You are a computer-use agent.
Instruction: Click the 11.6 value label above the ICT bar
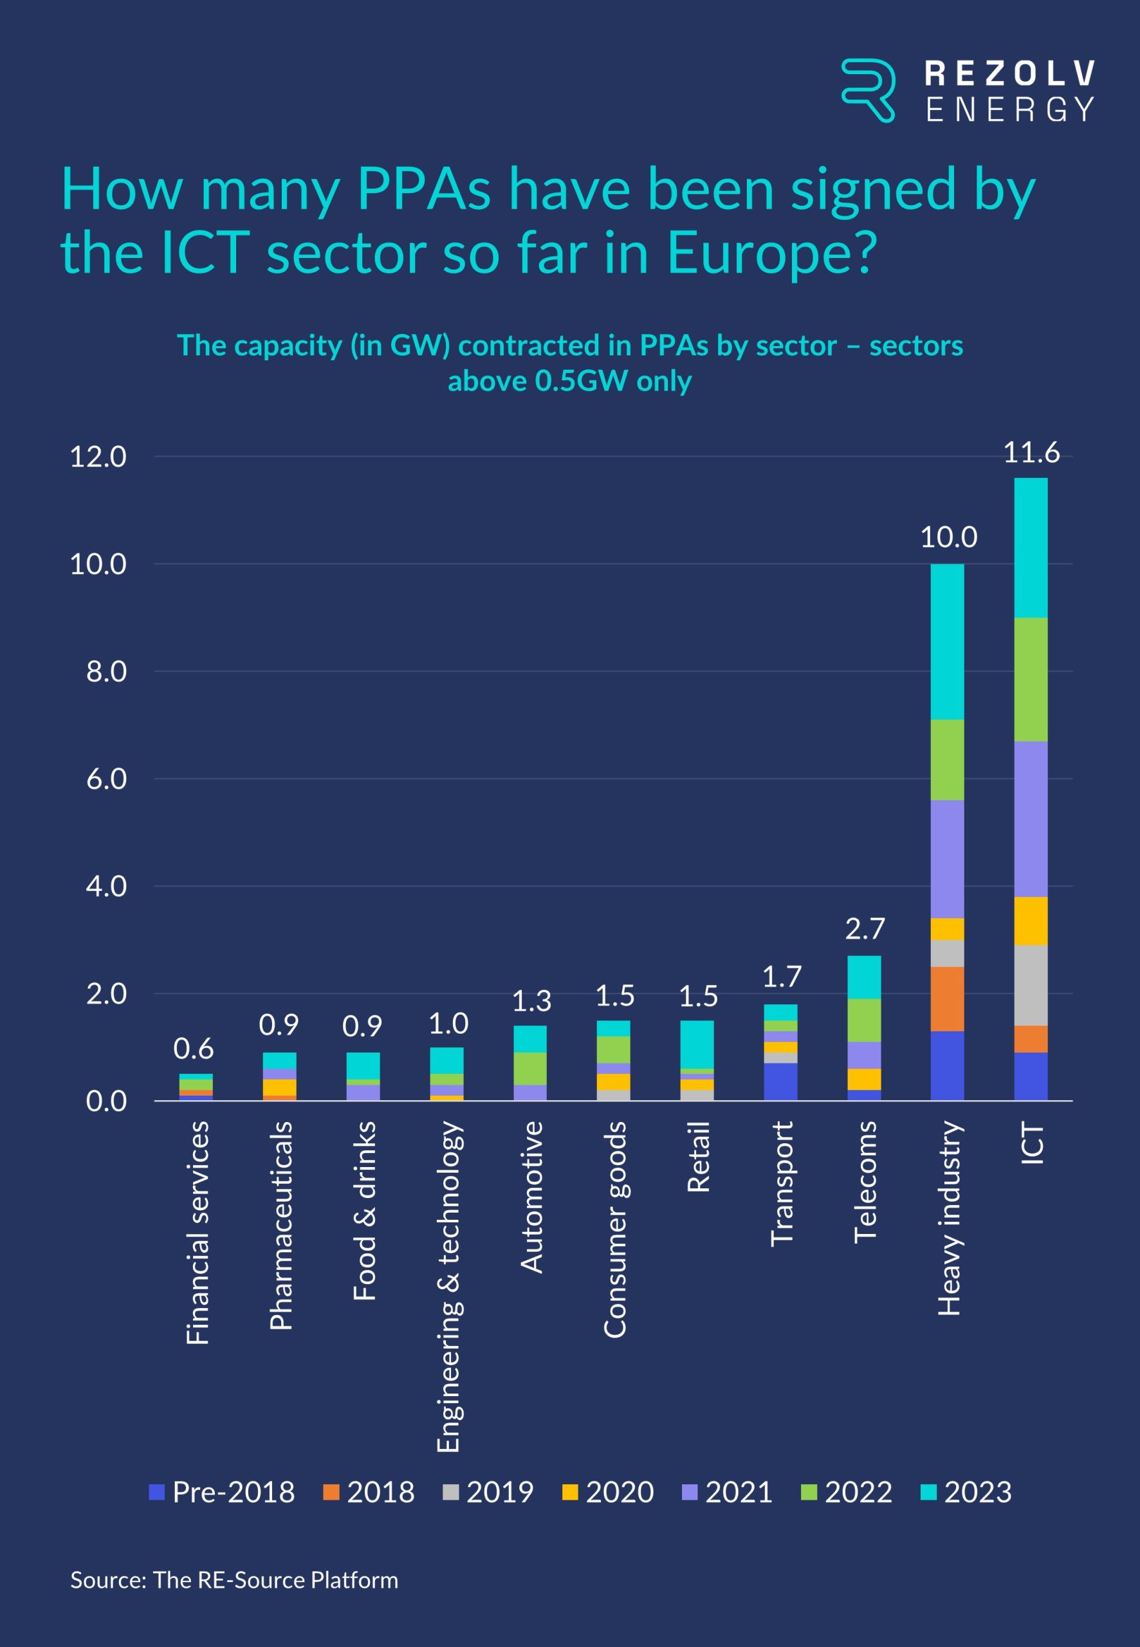tap(1031, 453)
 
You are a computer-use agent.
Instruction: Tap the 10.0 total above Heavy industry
tap(948, 537)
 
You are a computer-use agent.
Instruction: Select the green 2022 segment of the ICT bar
tap(1031, 679)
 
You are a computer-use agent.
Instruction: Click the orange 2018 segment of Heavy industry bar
tap(947, 998)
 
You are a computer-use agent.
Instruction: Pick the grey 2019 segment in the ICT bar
tap(1031, 985)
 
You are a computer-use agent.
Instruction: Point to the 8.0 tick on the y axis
tap(106, 672)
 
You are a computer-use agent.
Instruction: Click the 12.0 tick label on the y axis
tap(98, 456)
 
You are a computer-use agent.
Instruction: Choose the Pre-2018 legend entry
tap(222, 1492)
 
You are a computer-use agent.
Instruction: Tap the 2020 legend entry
tap(609, 1492)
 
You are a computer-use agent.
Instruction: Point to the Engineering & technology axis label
tap(448, 1285)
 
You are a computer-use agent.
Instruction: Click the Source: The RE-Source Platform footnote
tap(234, 1579)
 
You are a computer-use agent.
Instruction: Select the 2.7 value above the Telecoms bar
tap(864, 928)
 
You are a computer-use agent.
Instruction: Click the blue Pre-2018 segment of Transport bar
tap(781, 1081)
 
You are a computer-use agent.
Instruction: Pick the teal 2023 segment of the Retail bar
tap(697, 1044)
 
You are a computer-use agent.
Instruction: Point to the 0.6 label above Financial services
tap(193, 1049)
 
